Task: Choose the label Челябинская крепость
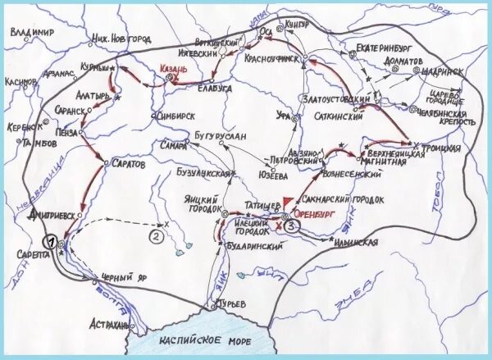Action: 451,116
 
